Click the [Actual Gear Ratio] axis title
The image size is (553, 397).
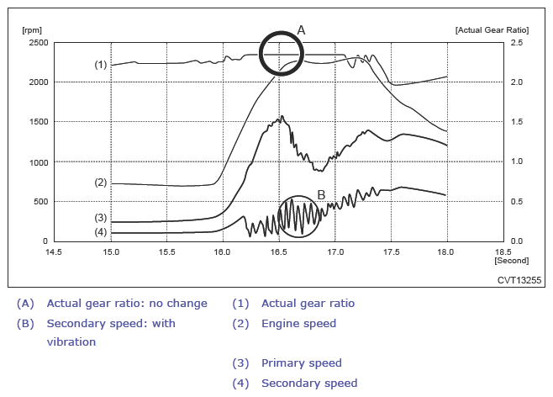(x=490, y=29)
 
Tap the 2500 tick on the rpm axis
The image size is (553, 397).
(x=38, y=42)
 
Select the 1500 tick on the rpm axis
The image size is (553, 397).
(x=38, y=122)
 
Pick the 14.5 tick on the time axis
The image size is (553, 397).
(x=55, y=251)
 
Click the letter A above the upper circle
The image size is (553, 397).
(x=302, y=29)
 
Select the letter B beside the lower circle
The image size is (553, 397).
(x=321, y=195)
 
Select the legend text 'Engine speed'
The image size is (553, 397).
(x=298, y=323)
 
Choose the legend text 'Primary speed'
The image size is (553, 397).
(x=302, y=363)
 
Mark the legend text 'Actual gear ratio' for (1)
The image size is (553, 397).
(x=308, y=303)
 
